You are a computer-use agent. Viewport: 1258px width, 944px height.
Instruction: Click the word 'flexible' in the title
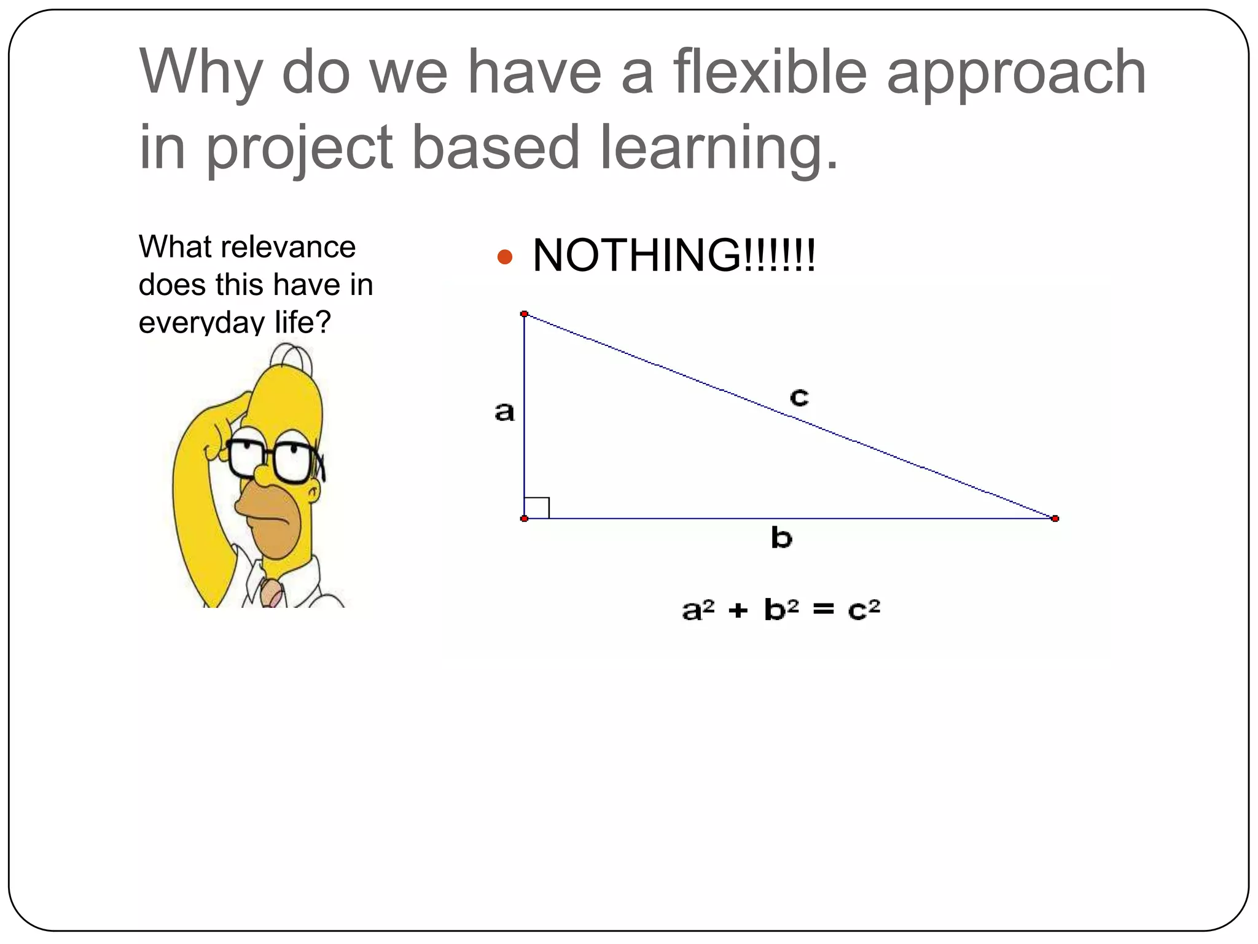point(770,72)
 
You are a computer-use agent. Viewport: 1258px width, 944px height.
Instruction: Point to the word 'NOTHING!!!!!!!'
point(674,255)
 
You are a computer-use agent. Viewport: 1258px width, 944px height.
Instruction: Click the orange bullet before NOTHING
point(504,256)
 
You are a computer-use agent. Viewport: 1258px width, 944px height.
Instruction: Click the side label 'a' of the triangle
point(504,412)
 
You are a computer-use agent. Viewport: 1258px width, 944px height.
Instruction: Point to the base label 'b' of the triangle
point(781,538)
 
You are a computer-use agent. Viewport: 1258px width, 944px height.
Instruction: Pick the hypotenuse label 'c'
point(799,396)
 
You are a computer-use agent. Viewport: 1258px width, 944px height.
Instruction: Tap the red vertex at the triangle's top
point(524,314)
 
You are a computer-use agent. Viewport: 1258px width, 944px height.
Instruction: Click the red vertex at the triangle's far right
point(1055,519)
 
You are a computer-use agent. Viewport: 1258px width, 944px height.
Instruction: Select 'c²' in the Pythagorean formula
point(864,610)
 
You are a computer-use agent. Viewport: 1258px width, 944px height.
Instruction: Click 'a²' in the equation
point(698,610)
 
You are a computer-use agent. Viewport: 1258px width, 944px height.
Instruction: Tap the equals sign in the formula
point(824,610)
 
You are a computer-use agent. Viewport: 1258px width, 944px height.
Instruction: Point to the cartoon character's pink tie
point(271,592)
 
